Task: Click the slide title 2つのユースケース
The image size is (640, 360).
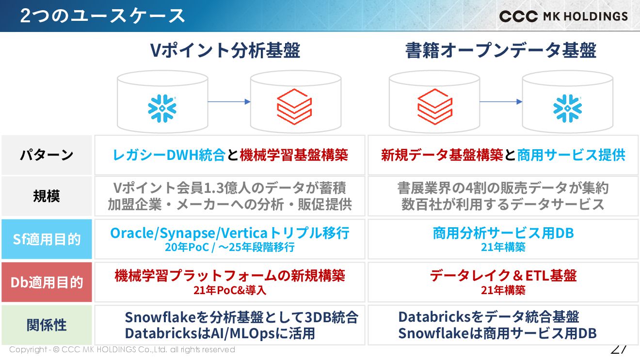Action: [102, 16]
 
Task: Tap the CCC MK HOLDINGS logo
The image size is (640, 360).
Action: [563, 16]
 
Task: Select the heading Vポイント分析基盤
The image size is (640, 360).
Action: [225, 50]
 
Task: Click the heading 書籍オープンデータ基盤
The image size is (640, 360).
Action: [501, 50]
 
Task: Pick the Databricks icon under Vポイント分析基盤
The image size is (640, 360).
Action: [294, 107]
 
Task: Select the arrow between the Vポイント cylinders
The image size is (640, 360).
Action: [229, 102]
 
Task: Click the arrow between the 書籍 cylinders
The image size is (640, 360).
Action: [501, 102]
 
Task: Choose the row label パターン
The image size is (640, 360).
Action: [47, 155]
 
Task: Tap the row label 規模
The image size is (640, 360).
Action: [47, 196]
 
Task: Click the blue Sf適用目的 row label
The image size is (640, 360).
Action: [47, 239]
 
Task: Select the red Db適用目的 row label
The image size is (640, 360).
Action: [47, 282]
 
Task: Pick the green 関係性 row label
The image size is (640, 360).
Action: [47, 325]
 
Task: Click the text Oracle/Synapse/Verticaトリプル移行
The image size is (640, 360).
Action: [229, 233]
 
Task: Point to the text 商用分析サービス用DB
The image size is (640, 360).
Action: [503, 233]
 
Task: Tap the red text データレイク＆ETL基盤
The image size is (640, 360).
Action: [503, 276]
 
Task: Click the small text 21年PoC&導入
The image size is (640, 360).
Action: [229, 290]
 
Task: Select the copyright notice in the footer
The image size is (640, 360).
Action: [122, 349]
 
